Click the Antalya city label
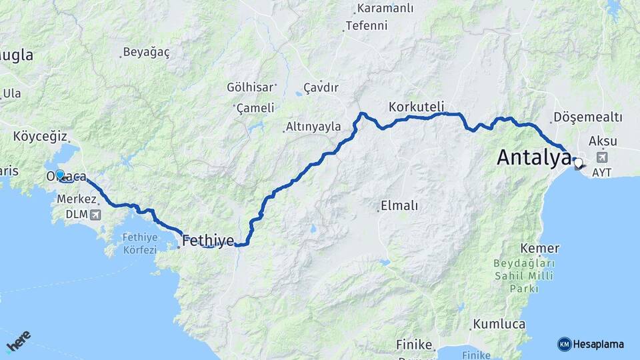point(534,158)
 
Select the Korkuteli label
point(416,107)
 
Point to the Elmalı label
point(399,206)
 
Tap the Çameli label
point(255,108)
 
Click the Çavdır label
point(321,88)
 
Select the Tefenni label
point(365,27)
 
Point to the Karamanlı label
point(385,9)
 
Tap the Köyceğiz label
point(40,137)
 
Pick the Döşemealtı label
point(587,118)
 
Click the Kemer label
point(541,249)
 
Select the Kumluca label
point(499,325)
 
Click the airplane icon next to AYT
point(603,157)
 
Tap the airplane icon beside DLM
point(95,215)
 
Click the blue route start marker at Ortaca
point(60,175)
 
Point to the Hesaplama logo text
point(598,344)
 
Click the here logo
point(18,341)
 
